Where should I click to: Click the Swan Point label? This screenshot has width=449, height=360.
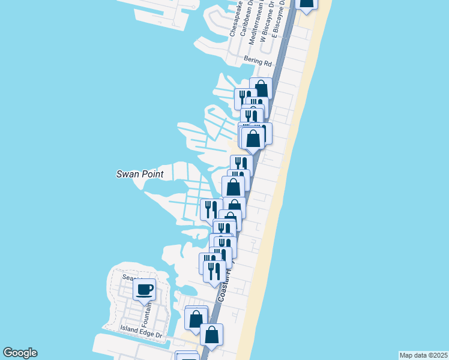pyautogui.click(x=139, y=175)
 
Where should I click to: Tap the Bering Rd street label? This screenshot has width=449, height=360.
pyautogui.click(x=258, y=61)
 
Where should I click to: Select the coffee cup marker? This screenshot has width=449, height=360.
pyautogui.click(x=144, y=290)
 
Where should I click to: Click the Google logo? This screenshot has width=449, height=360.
pyautogui.click(x=20, y=353)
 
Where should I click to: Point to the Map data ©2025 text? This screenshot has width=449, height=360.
pyautogui.click(x=424, y=355)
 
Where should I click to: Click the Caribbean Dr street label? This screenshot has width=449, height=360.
pyautogui.click(x=244, y=19)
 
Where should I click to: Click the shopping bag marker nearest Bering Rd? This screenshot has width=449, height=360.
pyautogui.click(x=261, y=89)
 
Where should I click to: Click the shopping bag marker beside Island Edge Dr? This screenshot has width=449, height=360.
pyautogui.click(x=196, y=317)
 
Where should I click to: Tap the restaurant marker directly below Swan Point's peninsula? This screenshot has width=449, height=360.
pyautogui.click(x=211, y=209)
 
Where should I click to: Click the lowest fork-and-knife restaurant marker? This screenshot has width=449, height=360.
pyautogui.click(x=214, y=271)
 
